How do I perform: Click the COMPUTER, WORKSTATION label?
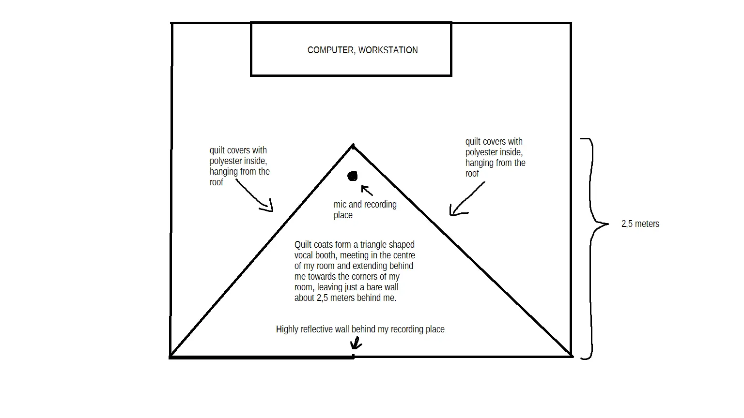point(362,50)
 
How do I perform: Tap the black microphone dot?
point(353,176)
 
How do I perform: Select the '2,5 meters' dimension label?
point(640,224)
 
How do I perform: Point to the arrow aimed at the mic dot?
point(367,191)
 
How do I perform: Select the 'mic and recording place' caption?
point(365,209)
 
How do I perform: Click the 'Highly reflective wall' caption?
point(360,329)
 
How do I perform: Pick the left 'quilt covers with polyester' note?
point(239,166)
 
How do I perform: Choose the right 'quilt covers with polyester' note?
point(495,157)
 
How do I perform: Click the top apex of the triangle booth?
point(353,145)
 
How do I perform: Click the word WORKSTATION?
point(388,50)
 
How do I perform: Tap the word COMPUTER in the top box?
point(331,50)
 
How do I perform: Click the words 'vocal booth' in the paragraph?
point(317,255)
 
